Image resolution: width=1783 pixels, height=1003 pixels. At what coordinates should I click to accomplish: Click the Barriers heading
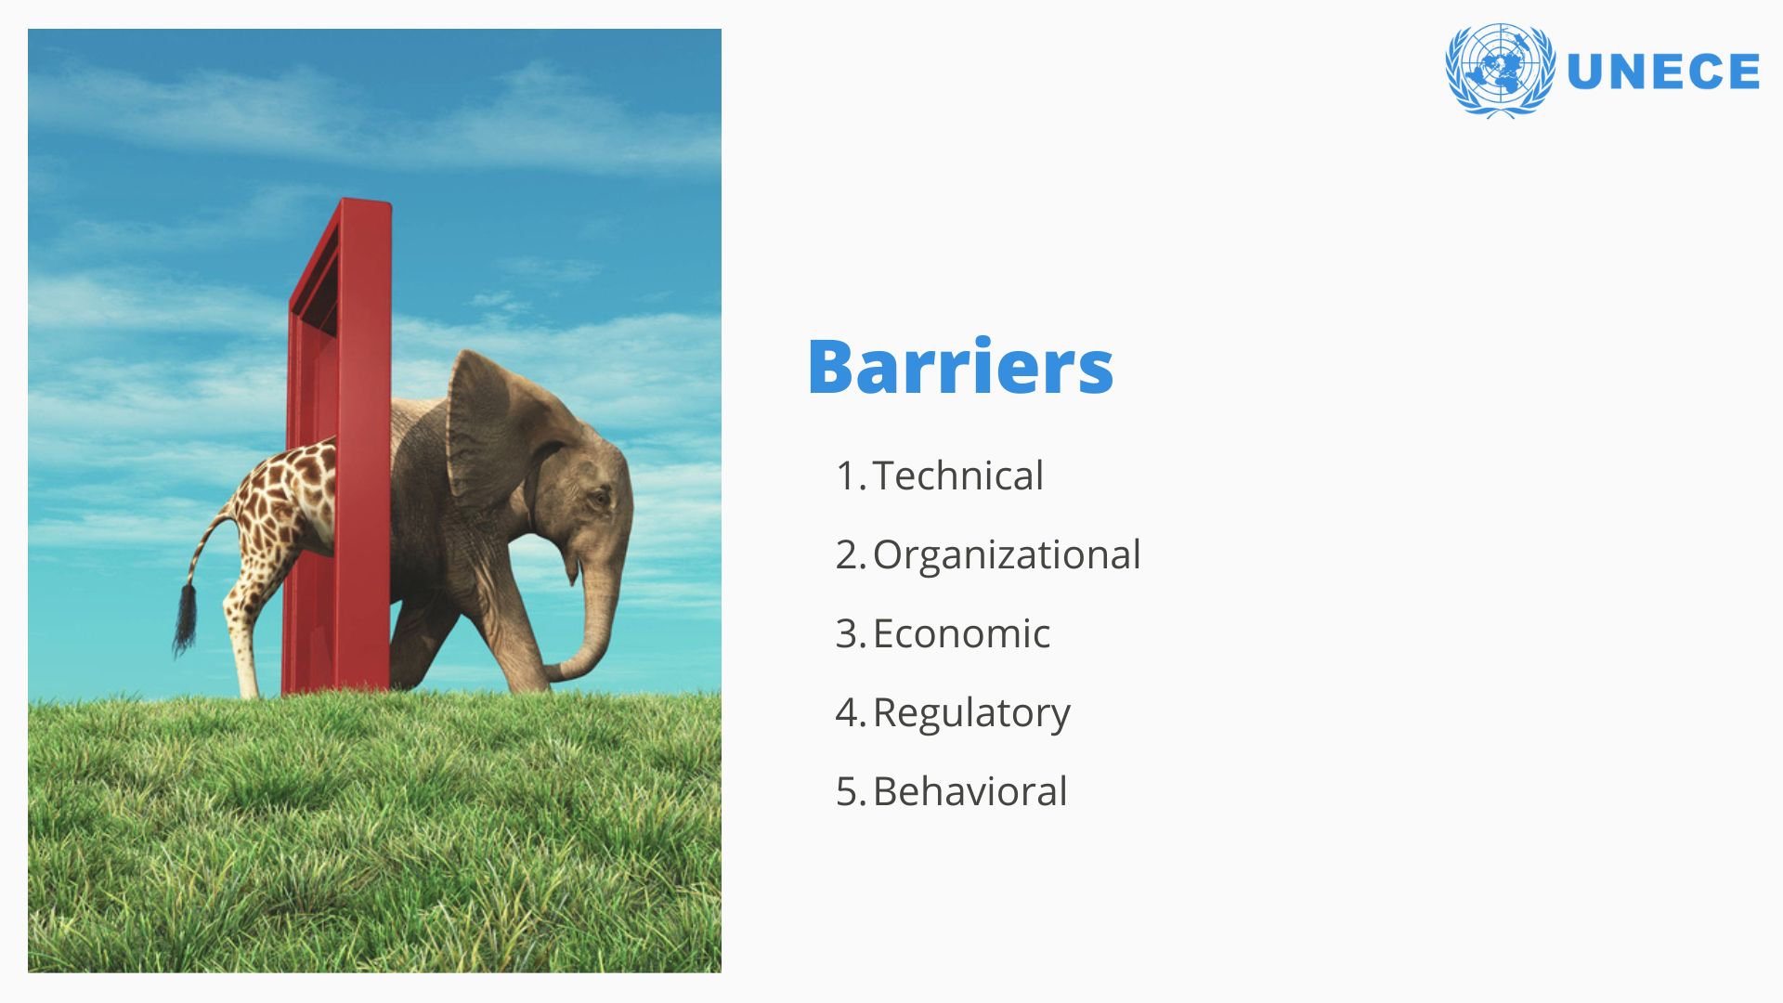coord(960,367)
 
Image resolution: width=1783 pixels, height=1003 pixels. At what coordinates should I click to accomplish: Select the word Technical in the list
coord(958,475)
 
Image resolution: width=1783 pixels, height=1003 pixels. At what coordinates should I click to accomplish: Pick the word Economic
coord(961,633)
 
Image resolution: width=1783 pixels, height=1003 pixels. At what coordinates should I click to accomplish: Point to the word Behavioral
coord(970,791)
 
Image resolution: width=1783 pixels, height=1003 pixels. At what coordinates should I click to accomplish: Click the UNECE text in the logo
coord(1662,72)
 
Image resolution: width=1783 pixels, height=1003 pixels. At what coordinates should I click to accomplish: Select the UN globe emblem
coord(1500,71)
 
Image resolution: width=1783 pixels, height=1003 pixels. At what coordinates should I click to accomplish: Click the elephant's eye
coord(602,499)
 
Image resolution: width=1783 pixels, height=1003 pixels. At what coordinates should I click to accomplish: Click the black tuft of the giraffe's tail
coord(185,617)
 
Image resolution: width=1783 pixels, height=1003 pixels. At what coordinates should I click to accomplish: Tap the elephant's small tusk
coord(573,569)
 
